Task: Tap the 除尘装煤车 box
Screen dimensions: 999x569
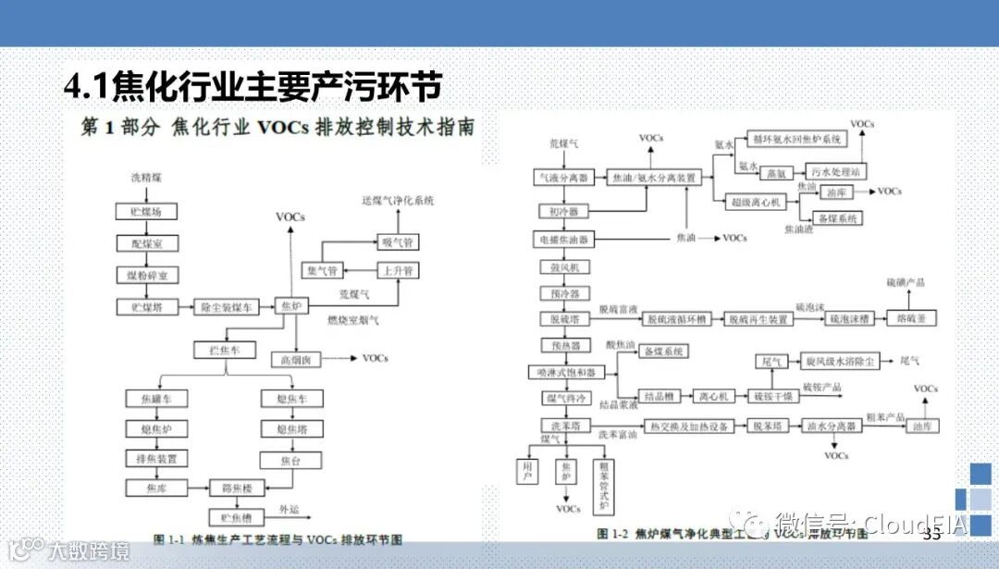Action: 226,306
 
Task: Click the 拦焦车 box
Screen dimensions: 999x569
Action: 217,350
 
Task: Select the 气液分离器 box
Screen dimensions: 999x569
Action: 563,176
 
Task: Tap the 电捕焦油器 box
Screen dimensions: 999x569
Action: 563,239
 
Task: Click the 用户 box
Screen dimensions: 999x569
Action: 528,472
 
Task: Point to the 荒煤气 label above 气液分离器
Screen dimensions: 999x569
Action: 563,144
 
